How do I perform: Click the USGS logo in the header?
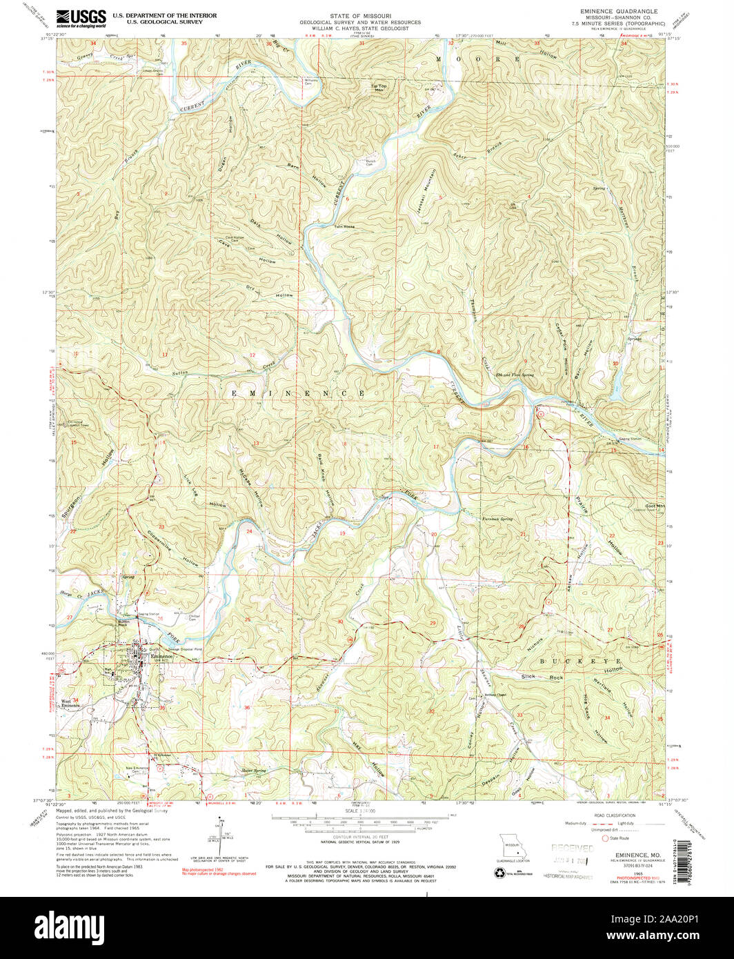pos(81,17)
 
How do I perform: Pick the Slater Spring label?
pos(252,771)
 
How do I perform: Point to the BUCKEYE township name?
pos(579,661)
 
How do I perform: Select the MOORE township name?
pos(479,60)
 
